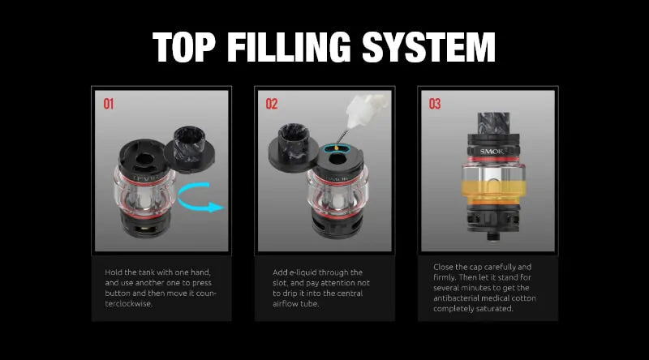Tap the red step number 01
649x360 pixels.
pyautogui.click(x=109, y=105)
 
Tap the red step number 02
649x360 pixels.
pyautogui.click(x=272, y=105)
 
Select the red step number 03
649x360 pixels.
pyautogui.click(x=435, y=105)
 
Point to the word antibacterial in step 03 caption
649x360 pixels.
pyautogui.click(x=458, y=298)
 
